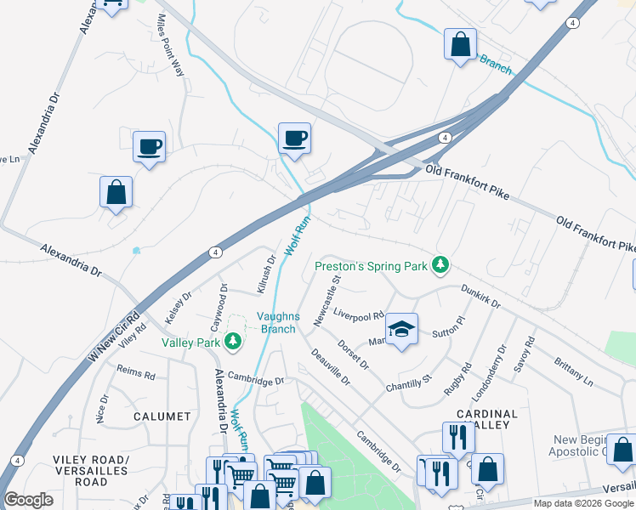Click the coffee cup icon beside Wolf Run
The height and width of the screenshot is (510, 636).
pyautogui.click(x=294, y=138)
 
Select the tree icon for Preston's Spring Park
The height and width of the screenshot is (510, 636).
pyautogui.click(x=440, y=266)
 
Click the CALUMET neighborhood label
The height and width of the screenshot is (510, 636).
pyautogui.click(x=162, y=416)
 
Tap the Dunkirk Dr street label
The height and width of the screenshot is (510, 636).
pyautogui.click(x=481, y=295)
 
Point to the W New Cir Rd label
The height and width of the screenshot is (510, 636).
pyautogui.click(x=115, y=329)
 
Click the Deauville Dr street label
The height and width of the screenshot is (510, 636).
pyautogui.click(x=330, y=367)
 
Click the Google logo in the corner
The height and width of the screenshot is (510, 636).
pyautogui.click(x=29, y=500)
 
